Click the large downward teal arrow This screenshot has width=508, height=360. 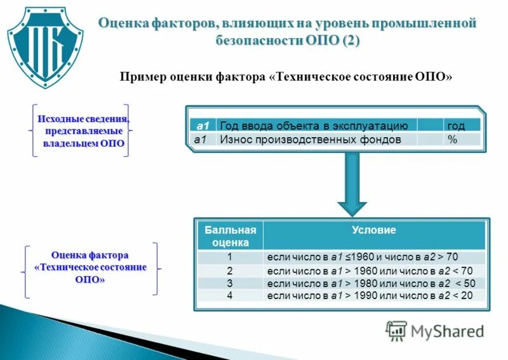click(x=352, y=184)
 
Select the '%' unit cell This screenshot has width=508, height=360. click(x=453, y=139)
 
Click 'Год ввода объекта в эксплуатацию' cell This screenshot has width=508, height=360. click(x=317, y=125)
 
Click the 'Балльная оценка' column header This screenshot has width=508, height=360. click(x=230, y=236)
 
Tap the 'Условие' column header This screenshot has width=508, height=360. click(x=374, y=230)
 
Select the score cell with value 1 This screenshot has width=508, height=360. click(x=230, y=257)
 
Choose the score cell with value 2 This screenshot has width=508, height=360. click(x=230, y=271)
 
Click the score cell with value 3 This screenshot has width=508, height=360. click(x=230, y=283)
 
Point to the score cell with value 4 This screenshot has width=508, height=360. click(x=230, y=295)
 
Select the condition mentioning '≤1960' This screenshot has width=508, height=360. click(x=363, y=257)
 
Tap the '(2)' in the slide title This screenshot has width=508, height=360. click(x=351, y=41)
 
